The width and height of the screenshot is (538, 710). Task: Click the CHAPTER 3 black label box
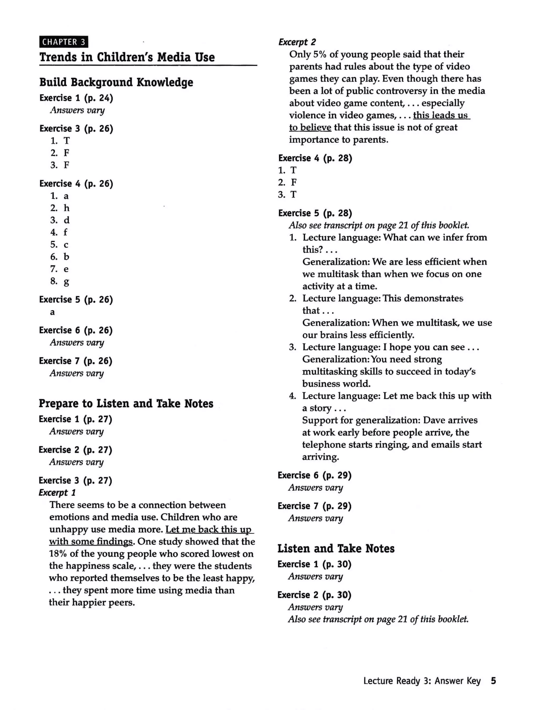tap(64, 42)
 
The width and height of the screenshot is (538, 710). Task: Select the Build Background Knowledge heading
tap(116, 82)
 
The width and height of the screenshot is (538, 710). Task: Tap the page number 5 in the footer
tap(493, 681)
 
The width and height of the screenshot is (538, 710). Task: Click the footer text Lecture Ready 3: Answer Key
tap(422, 681)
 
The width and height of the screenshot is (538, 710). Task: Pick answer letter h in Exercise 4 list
tap(66, 208)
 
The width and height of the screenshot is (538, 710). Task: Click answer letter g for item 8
tap(66, 282)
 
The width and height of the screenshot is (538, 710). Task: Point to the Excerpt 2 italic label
tap(297, 42)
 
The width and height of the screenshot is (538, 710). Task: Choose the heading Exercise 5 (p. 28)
tap(315, 213)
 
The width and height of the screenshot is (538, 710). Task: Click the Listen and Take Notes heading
tap(336, 549)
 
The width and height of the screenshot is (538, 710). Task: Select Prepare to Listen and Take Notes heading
tap(126, 403)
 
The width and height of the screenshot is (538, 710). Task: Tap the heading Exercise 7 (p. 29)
tap(314, 506)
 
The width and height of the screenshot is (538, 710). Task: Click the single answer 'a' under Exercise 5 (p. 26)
tap(52, 312)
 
